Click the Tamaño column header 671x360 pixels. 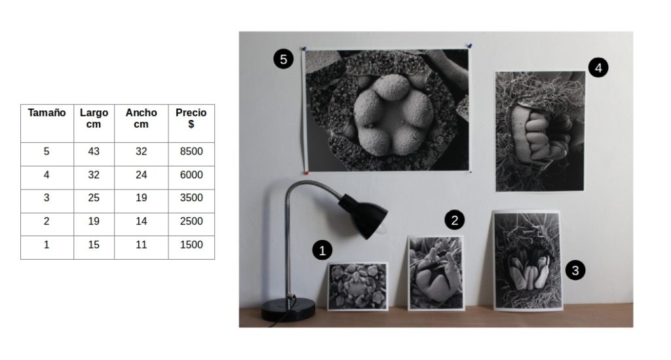pyautogui.click(x=47, y=113)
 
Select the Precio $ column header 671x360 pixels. pyautogui.click(x=191, y=118)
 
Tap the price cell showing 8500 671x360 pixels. pyautogui.click(x=191, y=151)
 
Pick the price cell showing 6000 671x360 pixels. pyautogui.click(x=191, y=174)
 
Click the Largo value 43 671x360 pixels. pyautogui.click(x=94, y=151)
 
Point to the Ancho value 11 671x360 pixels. pyautogui.click(x=142, y=245)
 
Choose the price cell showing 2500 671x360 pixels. pyautogui.click(x=191, y=221)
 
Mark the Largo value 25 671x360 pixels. pyautogui.click(x=94, y=197)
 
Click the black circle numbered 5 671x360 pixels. pyautogui.click(x=283, y=58)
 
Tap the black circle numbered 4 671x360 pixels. pyautogui.click(x=598, y=67)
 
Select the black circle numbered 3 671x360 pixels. pyautogui.click(x=575, y=270)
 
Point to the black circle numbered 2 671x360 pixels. pyautogui.click(x=455, y=220)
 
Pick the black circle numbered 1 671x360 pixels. pyautogui.click(x=322, y=250)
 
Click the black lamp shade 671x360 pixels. pyautogui.click(x=363, y=216)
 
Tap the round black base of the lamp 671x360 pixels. pyautogui.click(x=288, y=309)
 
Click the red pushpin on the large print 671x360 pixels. pyautogui.click(x=307, y=172)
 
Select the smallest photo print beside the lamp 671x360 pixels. pyautogui.click(x=358, y=287)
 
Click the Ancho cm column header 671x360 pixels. pyautogui.click(x=142, y=118)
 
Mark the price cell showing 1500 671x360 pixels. pyautogui.click(x=191, y=245)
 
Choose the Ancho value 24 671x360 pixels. pyautogui.click(x=142, y=174)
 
